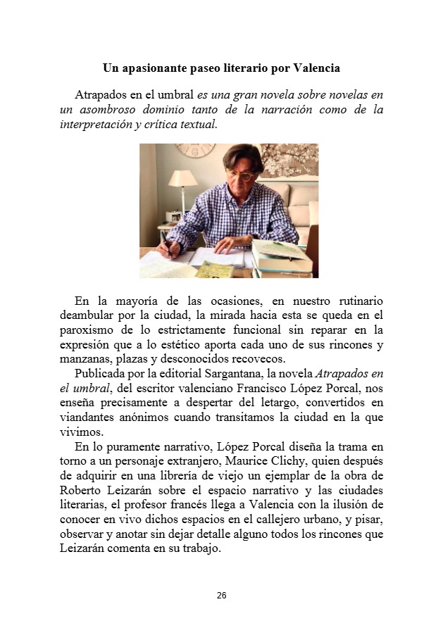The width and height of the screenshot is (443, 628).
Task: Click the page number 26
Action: click(221, 596)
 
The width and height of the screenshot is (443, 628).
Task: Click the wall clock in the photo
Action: click(194, 150)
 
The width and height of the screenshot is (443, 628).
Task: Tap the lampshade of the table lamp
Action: click(182, 180)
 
